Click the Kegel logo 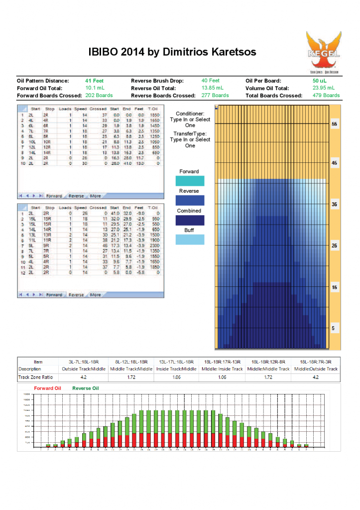[x=323, y=52]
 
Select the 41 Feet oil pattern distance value [x=94, y=81]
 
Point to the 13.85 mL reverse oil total [x=212, y=88]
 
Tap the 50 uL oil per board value [x=319, y=81]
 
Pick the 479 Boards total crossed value [x=326, y=95]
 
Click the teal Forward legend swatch [x=190, y=181]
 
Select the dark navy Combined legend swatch [x=190, y=220]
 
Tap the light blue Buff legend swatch [x=190, y=240]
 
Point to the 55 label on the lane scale [x=334, y=124]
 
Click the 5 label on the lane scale [x=334, y=328]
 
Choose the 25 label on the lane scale [x=334, y=246]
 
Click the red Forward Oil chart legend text [x=47, y=387]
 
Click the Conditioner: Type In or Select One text [x=190, y=120]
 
